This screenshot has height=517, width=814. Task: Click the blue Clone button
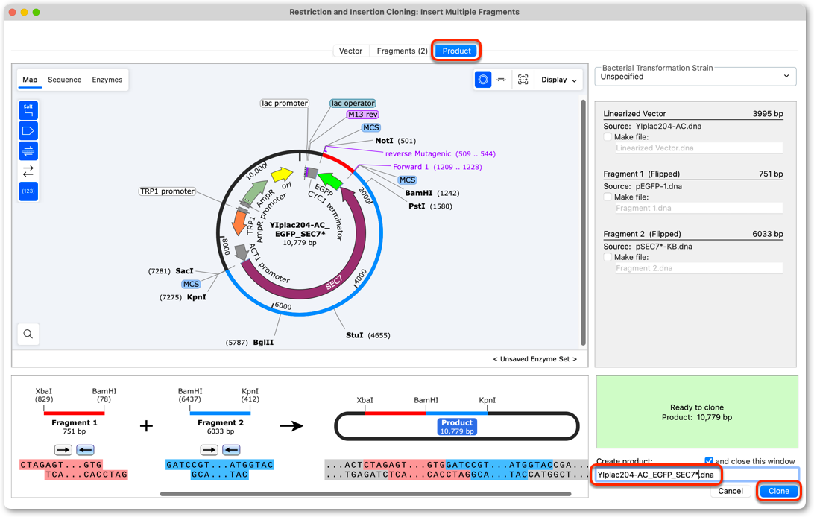[x=778, y=491]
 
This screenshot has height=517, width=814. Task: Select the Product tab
[x=456, y=51]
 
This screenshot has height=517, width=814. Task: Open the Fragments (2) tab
[x=402, y=51]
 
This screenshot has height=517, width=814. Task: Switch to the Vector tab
[x=350, y=51]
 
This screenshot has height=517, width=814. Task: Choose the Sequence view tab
[x=64, y=80]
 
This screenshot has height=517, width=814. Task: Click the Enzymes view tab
[x=107, y=80]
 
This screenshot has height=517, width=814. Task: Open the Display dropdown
[x=558, y=80]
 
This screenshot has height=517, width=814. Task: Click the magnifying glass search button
[x=28, y=334]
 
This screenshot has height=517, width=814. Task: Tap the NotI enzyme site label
[x=384, y=141]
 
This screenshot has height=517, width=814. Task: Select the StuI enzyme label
[x=355, y=335]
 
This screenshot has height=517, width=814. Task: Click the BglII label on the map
[x=263, y=342]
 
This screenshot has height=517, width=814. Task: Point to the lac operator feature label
[x=353, y=104]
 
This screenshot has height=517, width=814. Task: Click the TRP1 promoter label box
[x=167, y=191]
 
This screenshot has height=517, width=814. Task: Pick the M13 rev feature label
[x=363, y=115]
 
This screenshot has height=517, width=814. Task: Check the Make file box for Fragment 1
[x=608, y=197]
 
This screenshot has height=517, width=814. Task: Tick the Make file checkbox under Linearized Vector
[x=608, y=137]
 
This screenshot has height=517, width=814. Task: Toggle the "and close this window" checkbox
[x=709, y=460]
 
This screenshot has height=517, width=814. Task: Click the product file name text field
[x=696, y=475]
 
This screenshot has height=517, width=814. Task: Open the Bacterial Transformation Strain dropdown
[x=695, y=77]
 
